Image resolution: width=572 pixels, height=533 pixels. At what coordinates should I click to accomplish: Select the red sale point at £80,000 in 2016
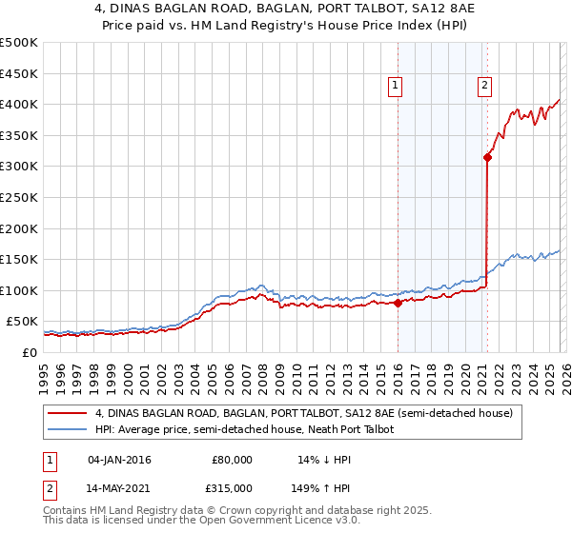(398, 304)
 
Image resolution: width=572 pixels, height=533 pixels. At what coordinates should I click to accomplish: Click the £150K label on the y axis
(19, 259)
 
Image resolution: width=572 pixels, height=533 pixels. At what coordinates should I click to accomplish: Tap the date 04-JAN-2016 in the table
(119, 460)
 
